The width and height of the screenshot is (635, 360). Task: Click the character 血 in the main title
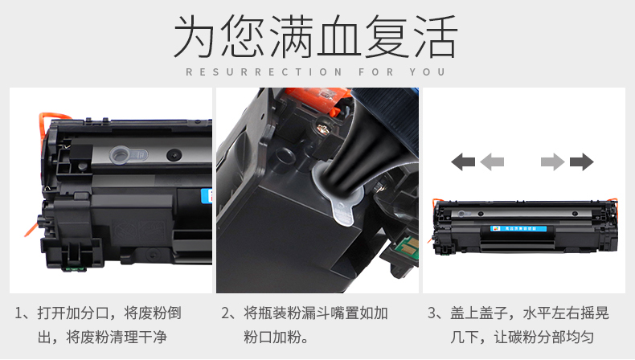[338, 36]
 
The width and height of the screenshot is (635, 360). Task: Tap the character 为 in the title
[194, 36]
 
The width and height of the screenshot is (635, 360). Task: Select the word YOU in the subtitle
[428, 72]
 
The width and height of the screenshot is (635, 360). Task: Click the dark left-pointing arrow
[463, 162]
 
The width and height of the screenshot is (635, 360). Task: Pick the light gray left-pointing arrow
[492, 162]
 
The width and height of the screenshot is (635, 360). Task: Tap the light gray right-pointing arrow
[553, 162]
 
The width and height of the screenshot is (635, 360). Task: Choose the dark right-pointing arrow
[581, 162]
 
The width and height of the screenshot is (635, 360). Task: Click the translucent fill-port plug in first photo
[129, 154]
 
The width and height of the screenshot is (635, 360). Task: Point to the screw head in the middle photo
[322, 129]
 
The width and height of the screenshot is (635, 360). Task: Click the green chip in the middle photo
[407, 244]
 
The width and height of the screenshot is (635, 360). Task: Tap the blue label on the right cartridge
[518, 229]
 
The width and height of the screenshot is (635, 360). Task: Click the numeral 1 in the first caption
[18, 313]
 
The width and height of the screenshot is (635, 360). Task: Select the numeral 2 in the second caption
[226, 313]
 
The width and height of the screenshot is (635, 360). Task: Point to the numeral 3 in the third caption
[432, 313]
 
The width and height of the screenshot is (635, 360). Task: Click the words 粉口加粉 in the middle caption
[272, 337]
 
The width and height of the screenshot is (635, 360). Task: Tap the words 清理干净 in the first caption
[137, 337]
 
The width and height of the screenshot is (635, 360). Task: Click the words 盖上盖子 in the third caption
[479, 313]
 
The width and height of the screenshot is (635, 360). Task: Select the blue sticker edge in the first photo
[207, 195]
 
